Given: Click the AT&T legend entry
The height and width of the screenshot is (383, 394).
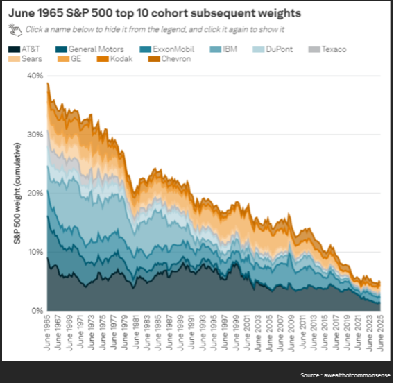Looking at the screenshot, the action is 24,49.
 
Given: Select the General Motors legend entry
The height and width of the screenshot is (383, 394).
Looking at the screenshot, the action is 89,49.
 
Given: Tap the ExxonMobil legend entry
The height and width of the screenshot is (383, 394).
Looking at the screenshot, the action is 167,49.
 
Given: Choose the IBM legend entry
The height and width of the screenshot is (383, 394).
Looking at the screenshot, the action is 223,49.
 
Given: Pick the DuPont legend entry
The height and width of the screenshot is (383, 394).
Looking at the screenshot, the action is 273,49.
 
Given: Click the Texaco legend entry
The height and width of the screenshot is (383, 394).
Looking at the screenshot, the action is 327,49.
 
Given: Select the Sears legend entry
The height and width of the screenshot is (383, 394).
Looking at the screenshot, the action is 25,59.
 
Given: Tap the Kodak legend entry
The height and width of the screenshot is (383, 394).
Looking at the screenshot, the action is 115,59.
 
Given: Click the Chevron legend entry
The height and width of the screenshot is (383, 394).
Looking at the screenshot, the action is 170,59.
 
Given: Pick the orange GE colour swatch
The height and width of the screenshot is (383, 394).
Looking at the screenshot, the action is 63,59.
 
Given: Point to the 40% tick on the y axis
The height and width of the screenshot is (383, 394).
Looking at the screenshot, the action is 35,76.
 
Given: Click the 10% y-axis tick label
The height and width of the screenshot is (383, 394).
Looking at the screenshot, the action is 35,252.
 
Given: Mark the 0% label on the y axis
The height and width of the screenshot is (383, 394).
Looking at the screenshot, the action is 37,311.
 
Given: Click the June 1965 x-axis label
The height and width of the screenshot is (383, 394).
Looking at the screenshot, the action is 47,332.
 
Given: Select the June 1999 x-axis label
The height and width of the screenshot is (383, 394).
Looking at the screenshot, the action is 237,332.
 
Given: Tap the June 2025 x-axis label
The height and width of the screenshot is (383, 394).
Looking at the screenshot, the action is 381,332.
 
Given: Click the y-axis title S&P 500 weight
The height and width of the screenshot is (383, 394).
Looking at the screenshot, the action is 17,194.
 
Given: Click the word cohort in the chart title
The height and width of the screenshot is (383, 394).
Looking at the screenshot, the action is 169,13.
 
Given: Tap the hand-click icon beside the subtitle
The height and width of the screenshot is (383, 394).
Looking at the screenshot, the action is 15,30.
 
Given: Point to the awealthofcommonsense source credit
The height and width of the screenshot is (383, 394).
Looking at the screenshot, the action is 357,375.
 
